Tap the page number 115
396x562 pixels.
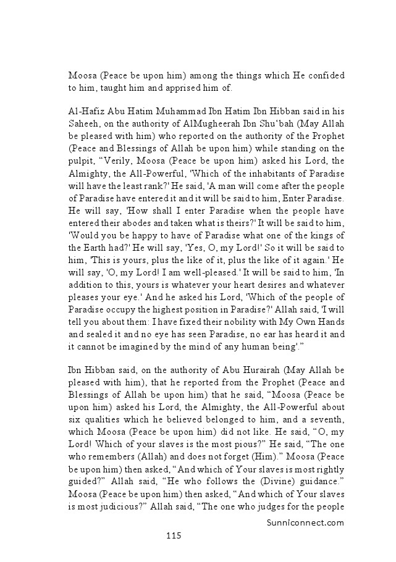tap(173, 535)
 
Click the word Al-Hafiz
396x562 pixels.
tap(86, 112)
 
